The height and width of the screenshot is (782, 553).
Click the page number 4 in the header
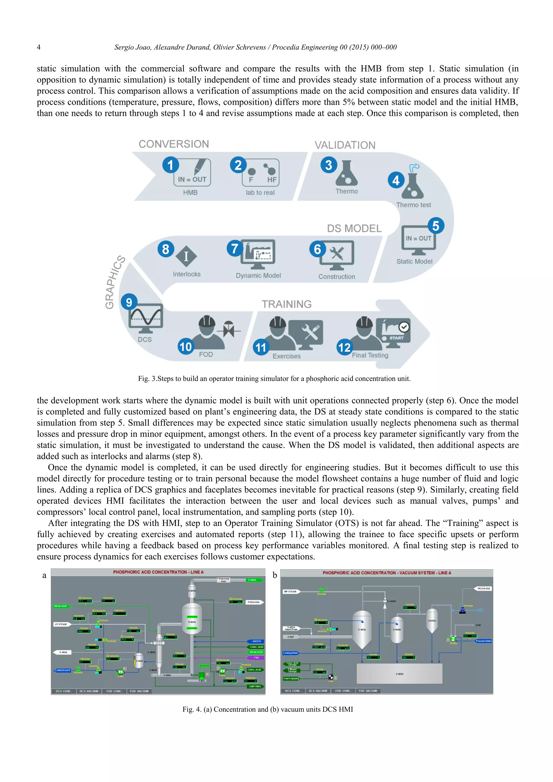click(39, 47)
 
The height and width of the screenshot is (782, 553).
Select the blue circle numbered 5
click(436, 226)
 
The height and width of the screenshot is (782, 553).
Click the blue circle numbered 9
click(129, 302)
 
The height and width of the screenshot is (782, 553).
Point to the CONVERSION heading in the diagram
click(174, 144)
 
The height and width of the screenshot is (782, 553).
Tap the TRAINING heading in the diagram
click(286, 304)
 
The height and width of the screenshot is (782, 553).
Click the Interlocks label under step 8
click(187, 274)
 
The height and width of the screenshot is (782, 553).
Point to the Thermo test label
click(413, 205)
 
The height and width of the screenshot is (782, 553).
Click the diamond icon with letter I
click(186, 256)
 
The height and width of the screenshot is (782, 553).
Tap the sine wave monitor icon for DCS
click(146, 318)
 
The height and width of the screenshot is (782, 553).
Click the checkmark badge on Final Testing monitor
click(404, 327)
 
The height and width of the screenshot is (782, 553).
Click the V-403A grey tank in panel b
click(399, 673)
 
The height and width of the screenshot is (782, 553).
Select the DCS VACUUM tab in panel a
click(89, 691)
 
